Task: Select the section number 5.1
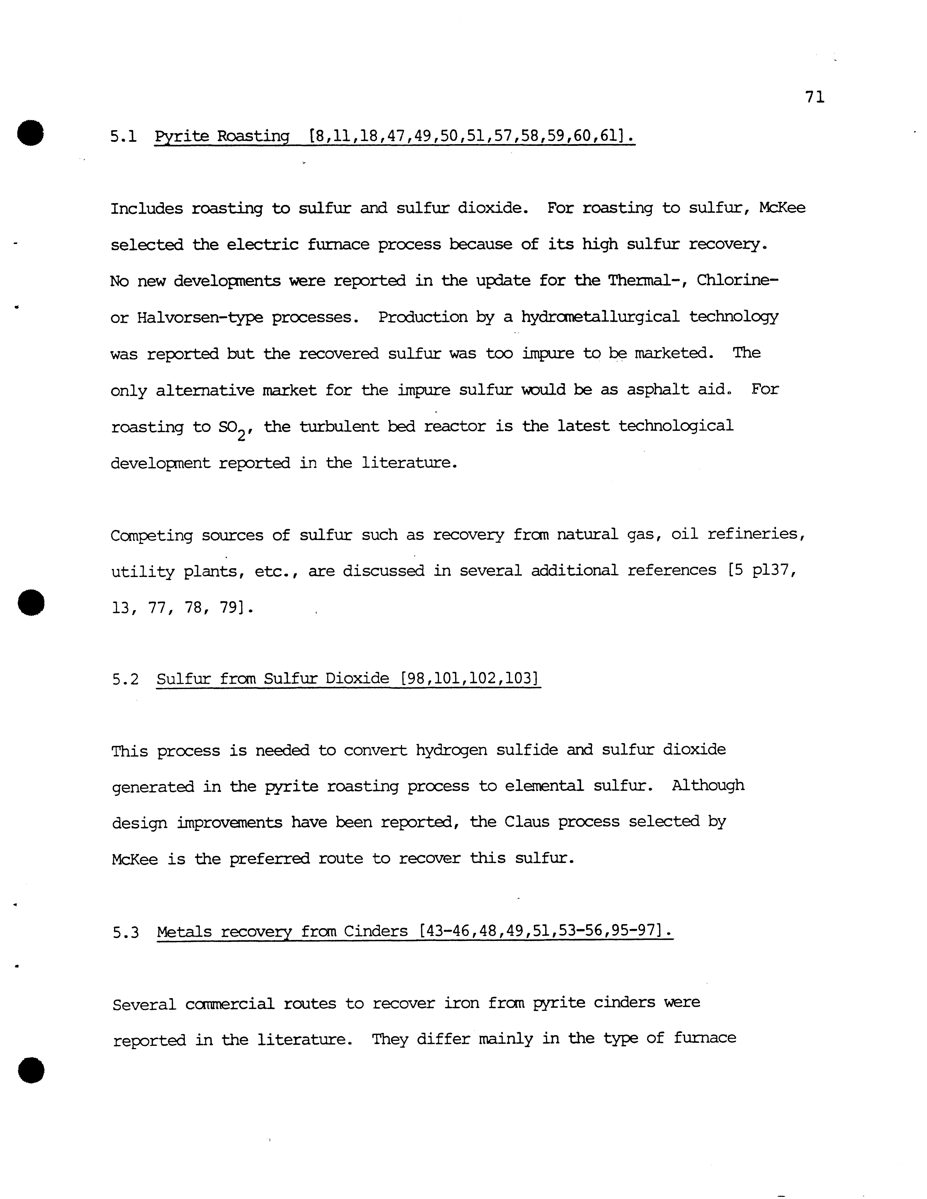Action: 123,136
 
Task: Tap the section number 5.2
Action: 125,680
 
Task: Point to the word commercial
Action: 230,1004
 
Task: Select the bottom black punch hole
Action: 31,1070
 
